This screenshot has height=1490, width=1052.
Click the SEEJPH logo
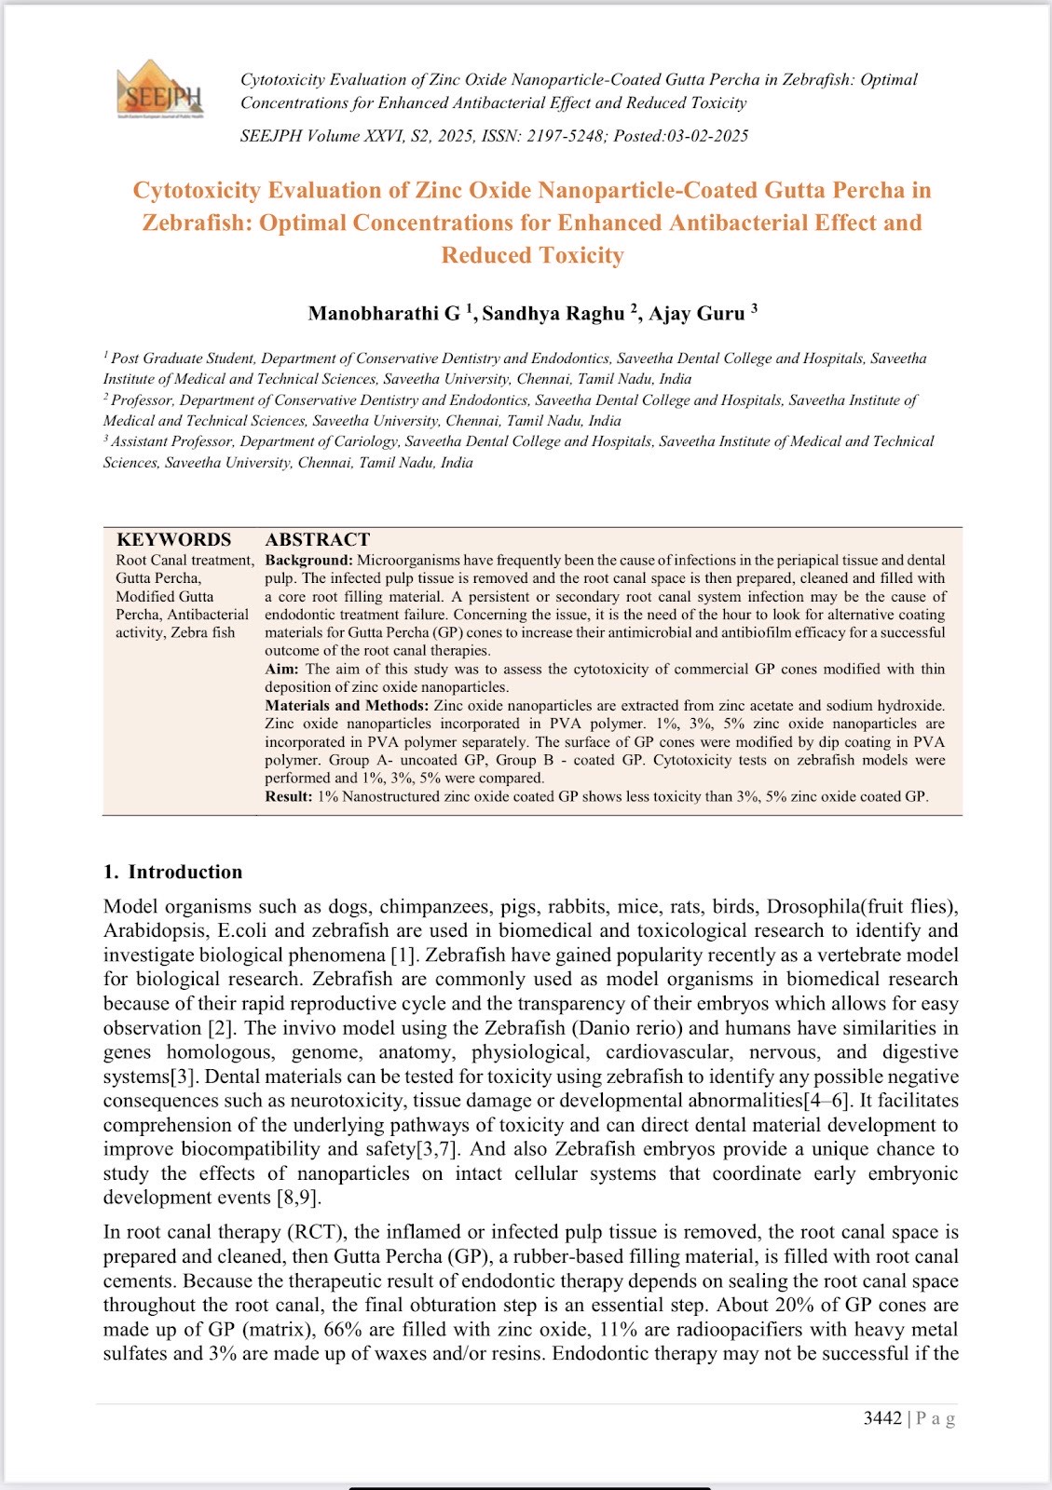click(x=159, y=89)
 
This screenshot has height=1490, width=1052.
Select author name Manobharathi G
click(x=384, y=314)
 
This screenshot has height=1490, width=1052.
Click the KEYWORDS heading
click(x=173, y=540)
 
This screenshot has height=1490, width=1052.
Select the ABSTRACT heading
click(x=317, y=540)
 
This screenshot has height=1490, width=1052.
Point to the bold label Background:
click(x=308, y=561)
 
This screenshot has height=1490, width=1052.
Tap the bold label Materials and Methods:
click(x=347, y=705)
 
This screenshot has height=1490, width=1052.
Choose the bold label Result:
click(x=288, y=796)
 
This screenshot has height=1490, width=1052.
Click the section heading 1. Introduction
click(x=172, y=872)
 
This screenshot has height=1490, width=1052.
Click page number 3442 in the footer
click(x=882, y=1418)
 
